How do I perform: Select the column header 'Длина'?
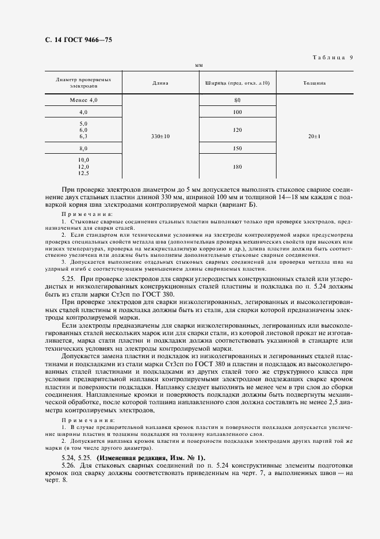160,83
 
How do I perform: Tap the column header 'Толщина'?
314,83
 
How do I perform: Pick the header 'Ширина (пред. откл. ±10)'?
237,83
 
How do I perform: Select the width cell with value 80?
237,100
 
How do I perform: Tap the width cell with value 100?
237,112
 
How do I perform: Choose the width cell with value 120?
237,130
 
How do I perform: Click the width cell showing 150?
237,148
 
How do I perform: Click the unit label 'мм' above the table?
199,66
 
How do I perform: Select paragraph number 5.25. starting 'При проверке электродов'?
68,278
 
